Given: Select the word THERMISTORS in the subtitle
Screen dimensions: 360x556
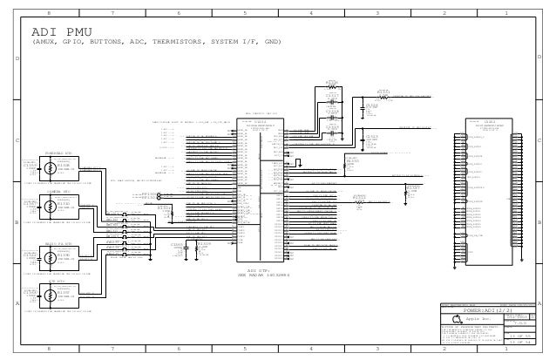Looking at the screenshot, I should click(172, 42).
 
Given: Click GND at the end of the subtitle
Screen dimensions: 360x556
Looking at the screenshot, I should click(271, 42).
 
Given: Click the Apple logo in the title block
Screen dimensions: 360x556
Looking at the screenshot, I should click(457, 320).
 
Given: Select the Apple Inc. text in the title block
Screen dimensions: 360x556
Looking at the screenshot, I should click(483, 320).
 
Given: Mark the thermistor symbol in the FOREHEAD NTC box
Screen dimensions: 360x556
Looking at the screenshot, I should click(50, 168).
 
